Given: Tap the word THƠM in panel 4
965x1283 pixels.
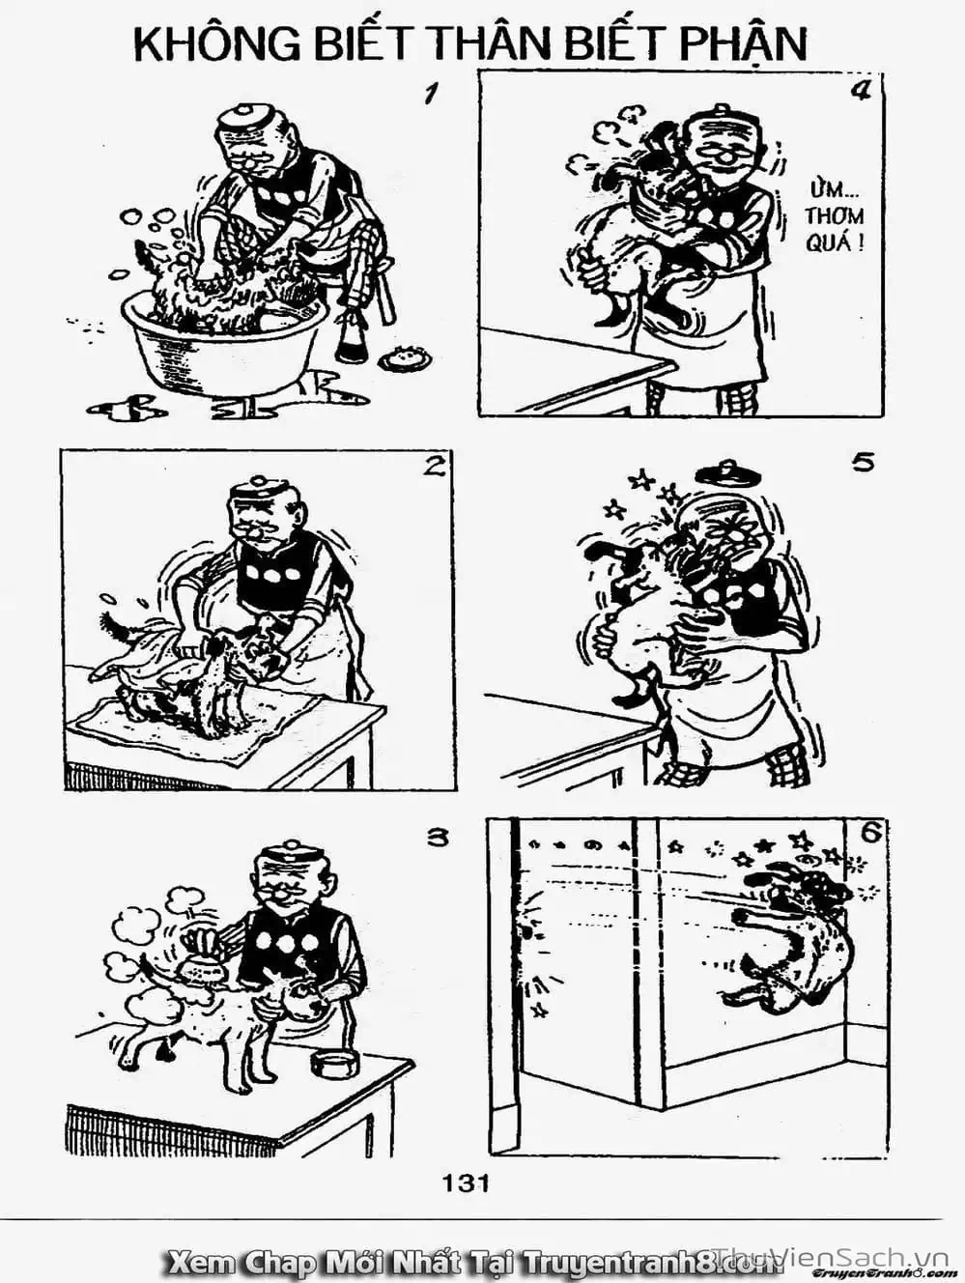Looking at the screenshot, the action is pos(835,216).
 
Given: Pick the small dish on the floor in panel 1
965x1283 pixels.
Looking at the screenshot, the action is pos(401,356).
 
